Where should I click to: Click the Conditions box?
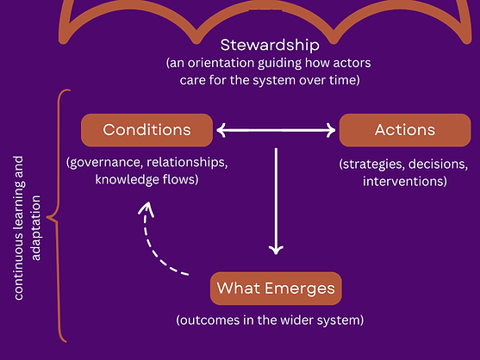tap(146, 130)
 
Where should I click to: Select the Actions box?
tap(405, 130)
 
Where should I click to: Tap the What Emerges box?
tap(277, 288)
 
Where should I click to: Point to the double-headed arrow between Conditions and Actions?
tap(276, 131)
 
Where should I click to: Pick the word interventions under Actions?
tap(404, 181)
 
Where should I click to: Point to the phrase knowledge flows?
tap(146, 181)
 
